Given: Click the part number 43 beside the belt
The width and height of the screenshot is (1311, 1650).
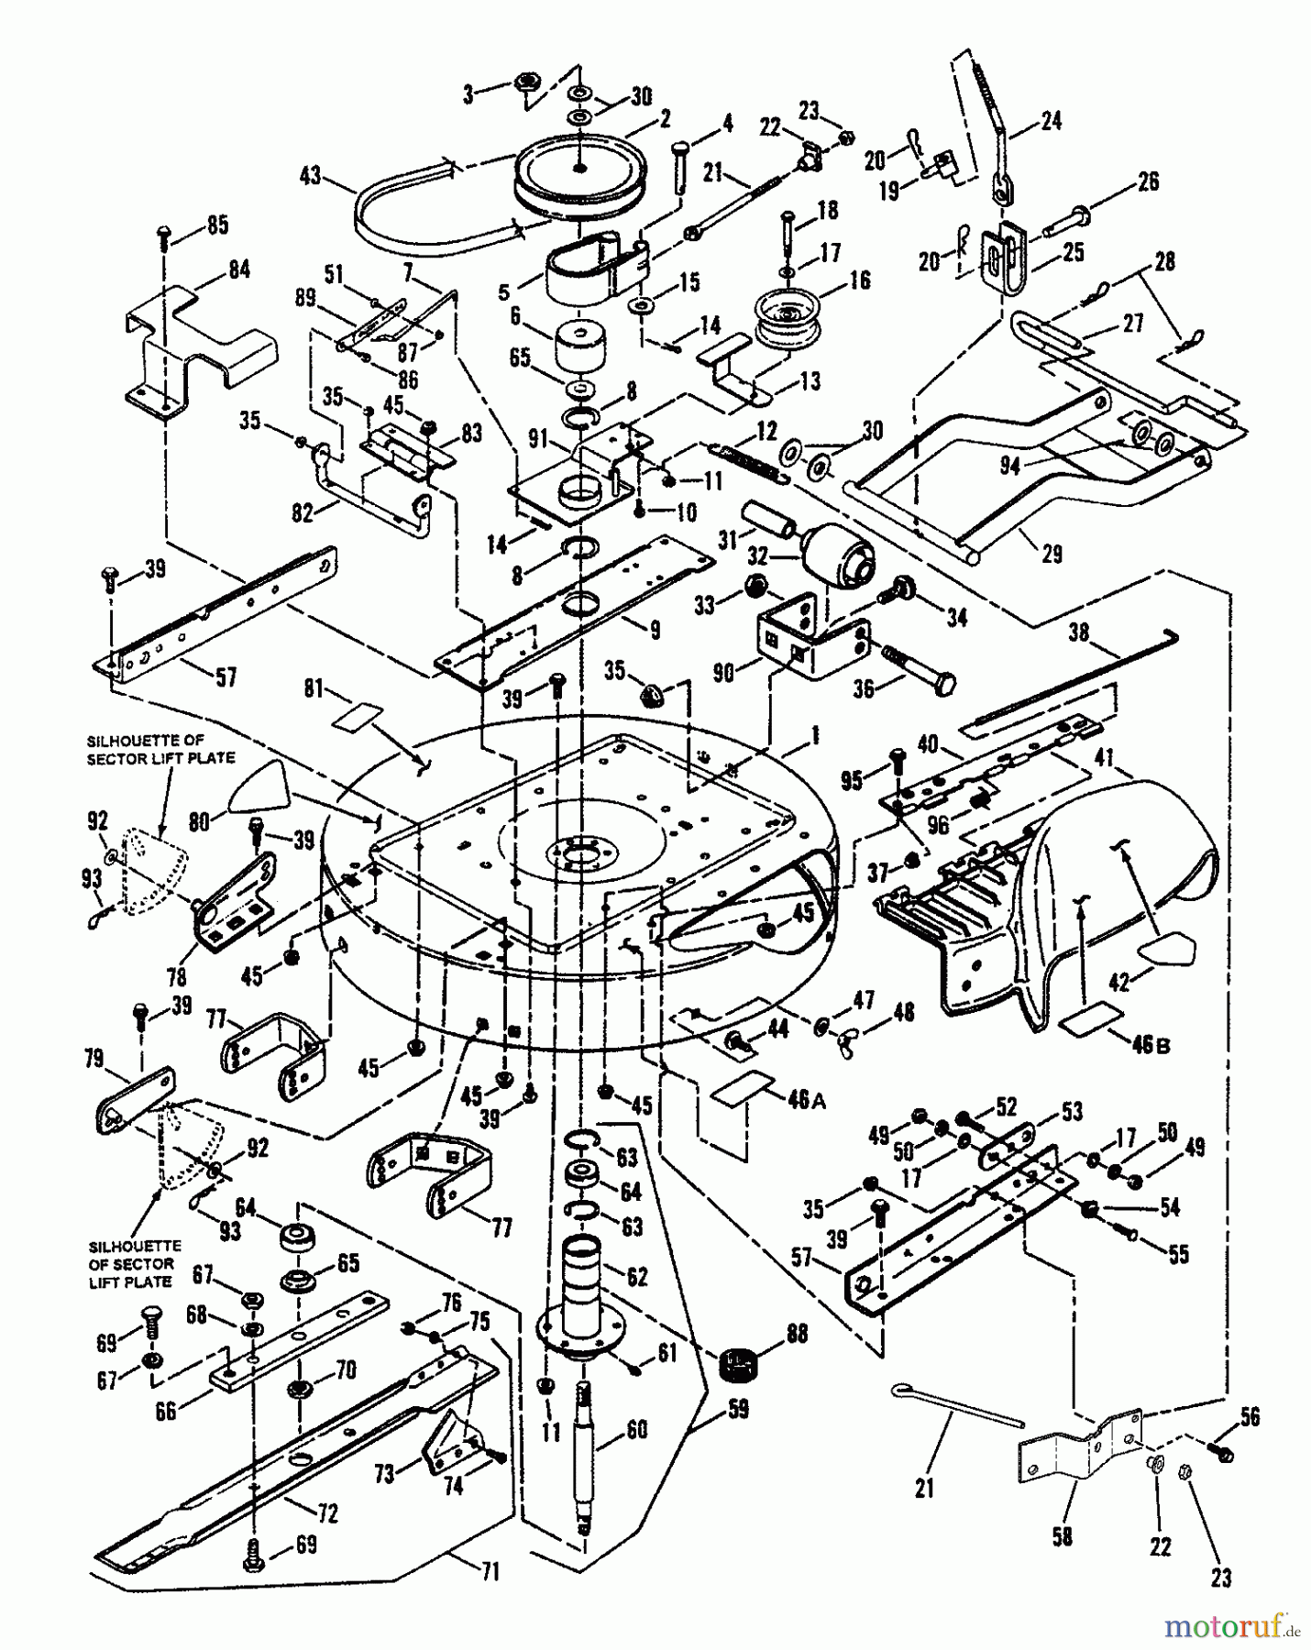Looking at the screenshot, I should [311, 173].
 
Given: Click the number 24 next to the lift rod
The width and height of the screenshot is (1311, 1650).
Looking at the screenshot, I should [1051, 120].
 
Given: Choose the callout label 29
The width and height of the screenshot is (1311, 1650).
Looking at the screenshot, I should [1052, 554].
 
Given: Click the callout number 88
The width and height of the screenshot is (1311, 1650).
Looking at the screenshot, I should [796, 1335].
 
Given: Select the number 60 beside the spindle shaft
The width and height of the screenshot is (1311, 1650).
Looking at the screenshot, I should [635, 1429].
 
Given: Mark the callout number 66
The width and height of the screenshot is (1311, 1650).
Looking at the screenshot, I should [165, 1411].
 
